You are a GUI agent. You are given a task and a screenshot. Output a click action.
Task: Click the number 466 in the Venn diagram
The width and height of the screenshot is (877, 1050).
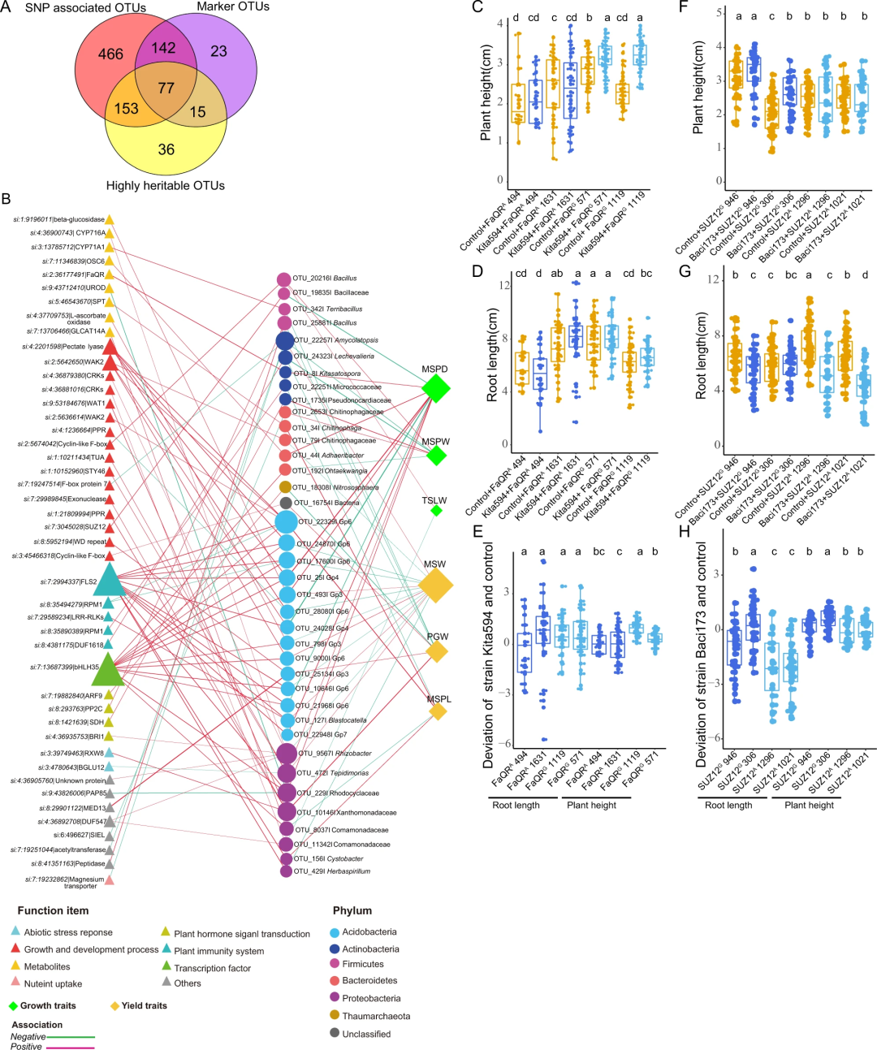[110, 54]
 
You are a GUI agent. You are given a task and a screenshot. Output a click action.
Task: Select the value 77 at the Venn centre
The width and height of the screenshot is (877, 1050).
[166, 88]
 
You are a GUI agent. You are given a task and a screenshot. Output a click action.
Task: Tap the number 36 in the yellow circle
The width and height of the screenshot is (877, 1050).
[166, 149]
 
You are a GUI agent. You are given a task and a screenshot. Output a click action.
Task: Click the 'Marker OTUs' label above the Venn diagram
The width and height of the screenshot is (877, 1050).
[233, 7]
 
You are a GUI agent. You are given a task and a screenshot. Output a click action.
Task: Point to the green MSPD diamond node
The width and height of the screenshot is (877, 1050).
[436, 388]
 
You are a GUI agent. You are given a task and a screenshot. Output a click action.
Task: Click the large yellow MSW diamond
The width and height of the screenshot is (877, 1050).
[435, 585]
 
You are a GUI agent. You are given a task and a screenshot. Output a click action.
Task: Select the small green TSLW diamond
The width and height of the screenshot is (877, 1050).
[436, 511]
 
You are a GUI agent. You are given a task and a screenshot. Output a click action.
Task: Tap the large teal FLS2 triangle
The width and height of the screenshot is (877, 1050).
[110, 581]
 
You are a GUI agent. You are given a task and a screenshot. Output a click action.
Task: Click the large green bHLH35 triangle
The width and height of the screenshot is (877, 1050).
[109, 669]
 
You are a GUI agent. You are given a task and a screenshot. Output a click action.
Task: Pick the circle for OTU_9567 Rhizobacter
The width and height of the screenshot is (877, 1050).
[287, 754]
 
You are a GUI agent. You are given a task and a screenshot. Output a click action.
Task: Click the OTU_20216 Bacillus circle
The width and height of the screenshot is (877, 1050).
[284, 279]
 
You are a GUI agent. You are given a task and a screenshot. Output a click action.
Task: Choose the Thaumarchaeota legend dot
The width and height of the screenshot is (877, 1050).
[335, 1016]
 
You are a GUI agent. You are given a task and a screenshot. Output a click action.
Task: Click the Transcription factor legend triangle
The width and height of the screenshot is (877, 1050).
[166, 966]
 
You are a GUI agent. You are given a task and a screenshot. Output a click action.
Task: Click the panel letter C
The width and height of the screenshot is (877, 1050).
[477, 7]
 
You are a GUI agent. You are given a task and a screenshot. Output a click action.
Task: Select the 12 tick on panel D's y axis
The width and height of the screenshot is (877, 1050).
[504, 285]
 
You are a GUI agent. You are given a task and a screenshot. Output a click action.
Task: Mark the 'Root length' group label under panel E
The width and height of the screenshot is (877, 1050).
[516, 805]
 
